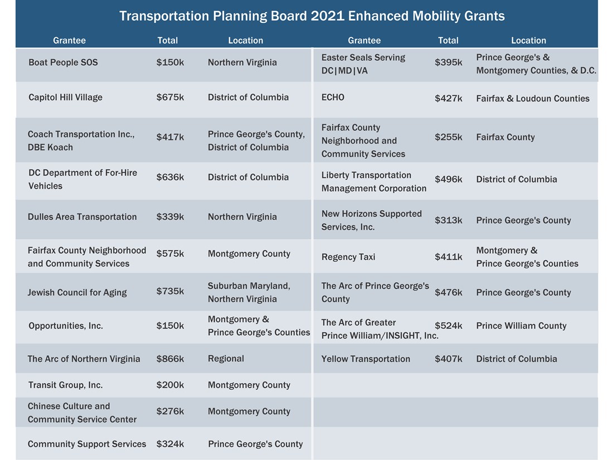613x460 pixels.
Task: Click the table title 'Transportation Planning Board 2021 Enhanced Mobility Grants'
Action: (312, 16)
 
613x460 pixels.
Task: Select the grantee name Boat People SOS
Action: (63, 62)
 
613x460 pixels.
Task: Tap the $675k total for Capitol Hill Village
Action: (170, 98)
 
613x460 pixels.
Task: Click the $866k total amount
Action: (170, 359)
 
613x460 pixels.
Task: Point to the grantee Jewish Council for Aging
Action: (77, 293)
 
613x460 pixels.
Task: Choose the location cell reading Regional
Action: (226, 359)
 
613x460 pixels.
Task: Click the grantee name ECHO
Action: (333, 98)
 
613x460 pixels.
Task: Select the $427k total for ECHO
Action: (448, 99)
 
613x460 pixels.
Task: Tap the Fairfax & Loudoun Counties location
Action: (532, 99)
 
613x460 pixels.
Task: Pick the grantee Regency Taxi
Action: (348, 257)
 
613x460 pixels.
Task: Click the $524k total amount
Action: (448, 326)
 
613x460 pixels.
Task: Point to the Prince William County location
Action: (521, 326)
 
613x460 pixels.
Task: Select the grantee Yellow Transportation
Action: (366, 359)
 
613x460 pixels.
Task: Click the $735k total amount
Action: (170, 291)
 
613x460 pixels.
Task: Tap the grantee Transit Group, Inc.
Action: (65, 385)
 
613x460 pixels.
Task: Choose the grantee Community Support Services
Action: (87, 444)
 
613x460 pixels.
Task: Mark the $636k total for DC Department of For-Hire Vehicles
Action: (170, 177)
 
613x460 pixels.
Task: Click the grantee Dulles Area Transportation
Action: (82, 217)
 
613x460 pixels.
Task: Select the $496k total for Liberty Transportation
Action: (448, 180)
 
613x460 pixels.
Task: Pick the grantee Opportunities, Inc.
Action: (66, 326)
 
